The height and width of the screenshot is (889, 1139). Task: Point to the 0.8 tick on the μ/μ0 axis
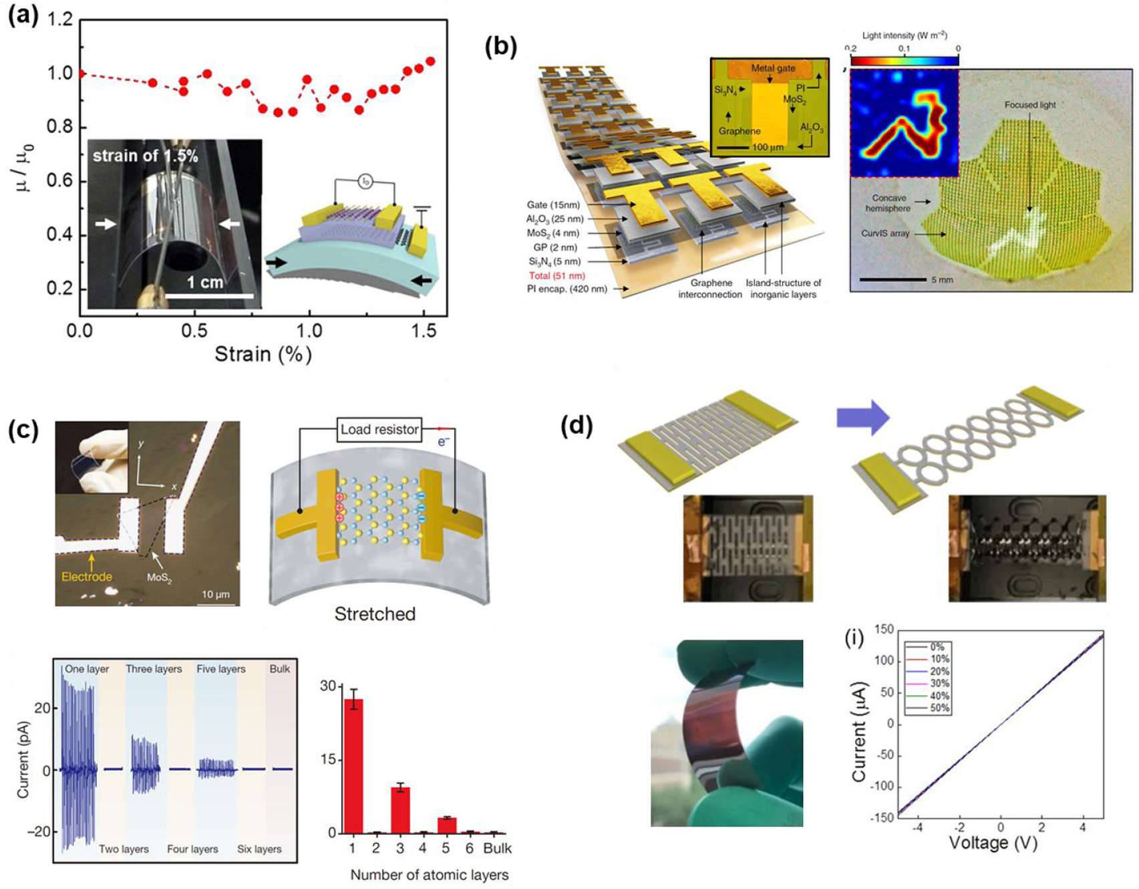click(59, 127)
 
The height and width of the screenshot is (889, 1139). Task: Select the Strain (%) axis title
click(263, 354)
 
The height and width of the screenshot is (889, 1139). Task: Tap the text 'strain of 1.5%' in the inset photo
click(145, 156)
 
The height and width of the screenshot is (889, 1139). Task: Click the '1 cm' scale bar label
click(204, 282)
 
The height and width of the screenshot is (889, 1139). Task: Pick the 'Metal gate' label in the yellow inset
click(773, 68)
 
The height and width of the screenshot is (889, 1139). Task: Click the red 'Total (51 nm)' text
click(556, 275)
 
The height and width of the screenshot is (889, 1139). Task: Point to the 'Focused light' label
click(1030, 105)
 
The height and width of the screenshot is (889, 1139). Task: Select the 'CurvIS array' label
click(885, 233)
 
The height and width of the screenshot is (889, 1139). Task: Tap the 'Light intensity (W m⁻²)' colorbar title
click(904, 35)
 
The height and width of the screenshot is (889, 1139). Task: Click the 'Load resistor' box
click(379, 430)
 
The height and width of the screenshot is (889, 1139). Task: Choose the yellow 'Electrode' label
click(87, 576)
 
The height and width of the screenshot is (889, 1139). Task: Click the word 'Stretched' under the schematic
click(375, 614)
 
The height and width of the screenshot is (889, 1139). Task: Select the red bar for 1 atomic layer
click(353, 765)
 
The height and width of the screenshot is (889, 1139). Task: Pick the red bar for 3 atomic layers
click(400, 809)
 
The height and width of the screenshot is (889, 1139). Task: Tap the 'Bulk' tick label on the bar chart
click(497, 848)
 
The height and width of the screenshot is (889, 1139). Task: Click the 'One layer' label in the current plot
click(87, 669)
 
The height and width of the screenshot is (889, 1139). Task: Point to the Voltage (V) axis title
click(993, 843)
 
